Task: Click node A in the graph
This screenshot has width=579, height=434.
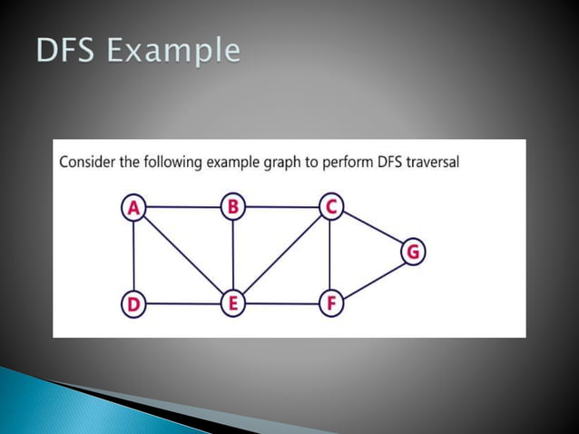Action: (x=133, y=208)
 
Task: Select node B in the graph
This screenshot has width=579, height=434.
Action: (x=233, y=207)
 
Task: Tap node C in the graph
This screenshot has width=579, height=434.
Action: (x=330, y=207)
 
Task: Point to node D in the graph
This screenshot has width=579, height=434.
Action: (x=133, y=303)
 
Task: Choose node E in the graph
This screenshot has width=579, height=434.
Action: (x=233, y=303)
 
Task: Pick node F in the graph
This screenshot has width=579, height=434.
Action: (x=330, y=303)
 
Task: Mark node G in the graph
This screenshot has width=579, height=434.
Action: (x=413, y=252)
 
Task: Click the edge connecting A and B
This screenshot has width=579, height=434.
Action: (x=183, y=207)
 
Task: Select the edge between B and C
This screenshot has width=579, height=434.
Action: (x=281, y=207)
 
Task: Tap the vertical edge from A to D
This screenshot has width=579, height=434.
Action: (x=133, y=255)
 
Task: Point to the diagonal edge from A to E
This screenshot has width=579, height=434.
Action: (x=183, y=255)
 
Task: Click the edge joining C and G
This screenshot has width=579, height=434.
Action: (x=372, y=230)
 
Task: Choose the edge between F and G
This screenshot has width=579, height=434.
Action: (x=372, y=279)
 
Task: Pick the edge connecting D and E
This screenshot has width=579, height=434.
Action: (x=183, y=303)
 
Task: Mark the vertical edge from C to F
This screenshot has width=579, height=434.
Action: (x=330, y=255)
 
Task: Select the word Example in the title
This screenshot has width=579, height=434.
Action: (x=173, y=52)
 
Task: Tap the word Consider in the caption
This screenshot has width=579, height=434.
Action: (x=88, y=163)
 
